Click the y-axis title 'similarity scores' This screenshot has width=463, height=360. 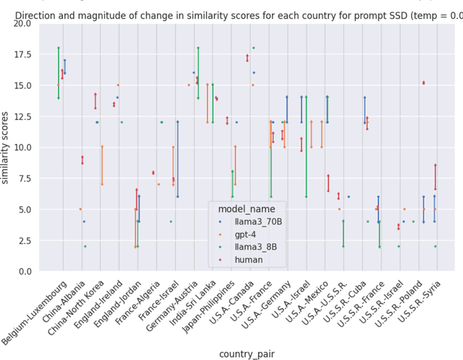click(7, 147)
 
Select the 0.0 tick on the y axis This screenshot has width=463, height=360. click(23, 271)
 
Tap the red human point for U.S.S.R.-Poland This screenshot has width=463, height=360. click(423, 83)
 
